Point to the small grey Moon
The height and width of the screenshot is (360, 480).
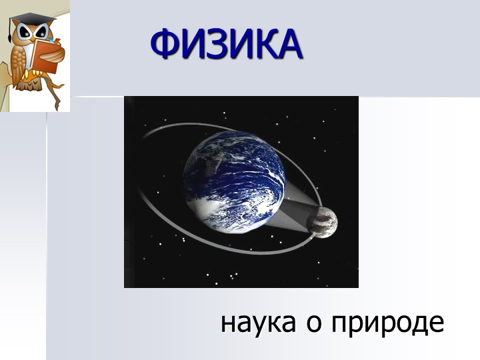[x=323, y=222]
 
